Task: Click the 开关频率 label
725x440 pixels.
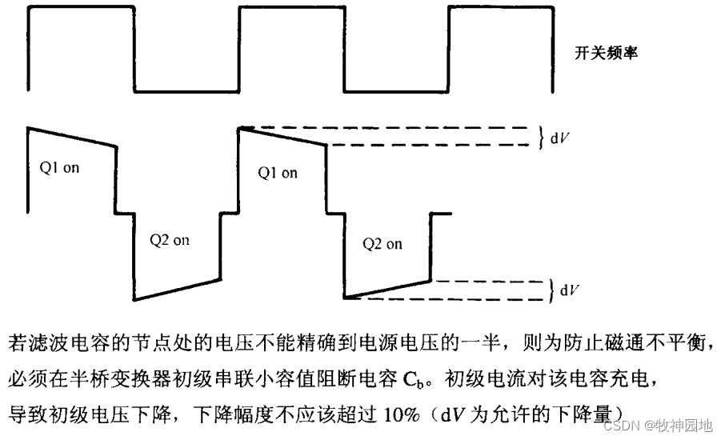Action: click(606, 54)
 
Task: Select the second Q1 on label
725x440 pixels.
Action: click(278, 173)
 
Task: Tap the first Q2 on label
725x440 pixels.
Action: click(170, 240)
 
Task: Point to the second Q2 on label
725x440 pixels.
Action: click(383, 244)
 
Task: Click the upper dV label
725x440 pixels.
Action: click(559, 138)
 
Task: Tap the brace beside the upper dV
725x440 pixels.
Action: click(540, 137)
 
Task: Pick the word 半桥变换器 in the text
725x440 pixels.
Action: click(131, 378)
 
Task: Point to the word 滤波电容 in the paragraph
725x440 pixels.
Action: click(66, 343)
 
